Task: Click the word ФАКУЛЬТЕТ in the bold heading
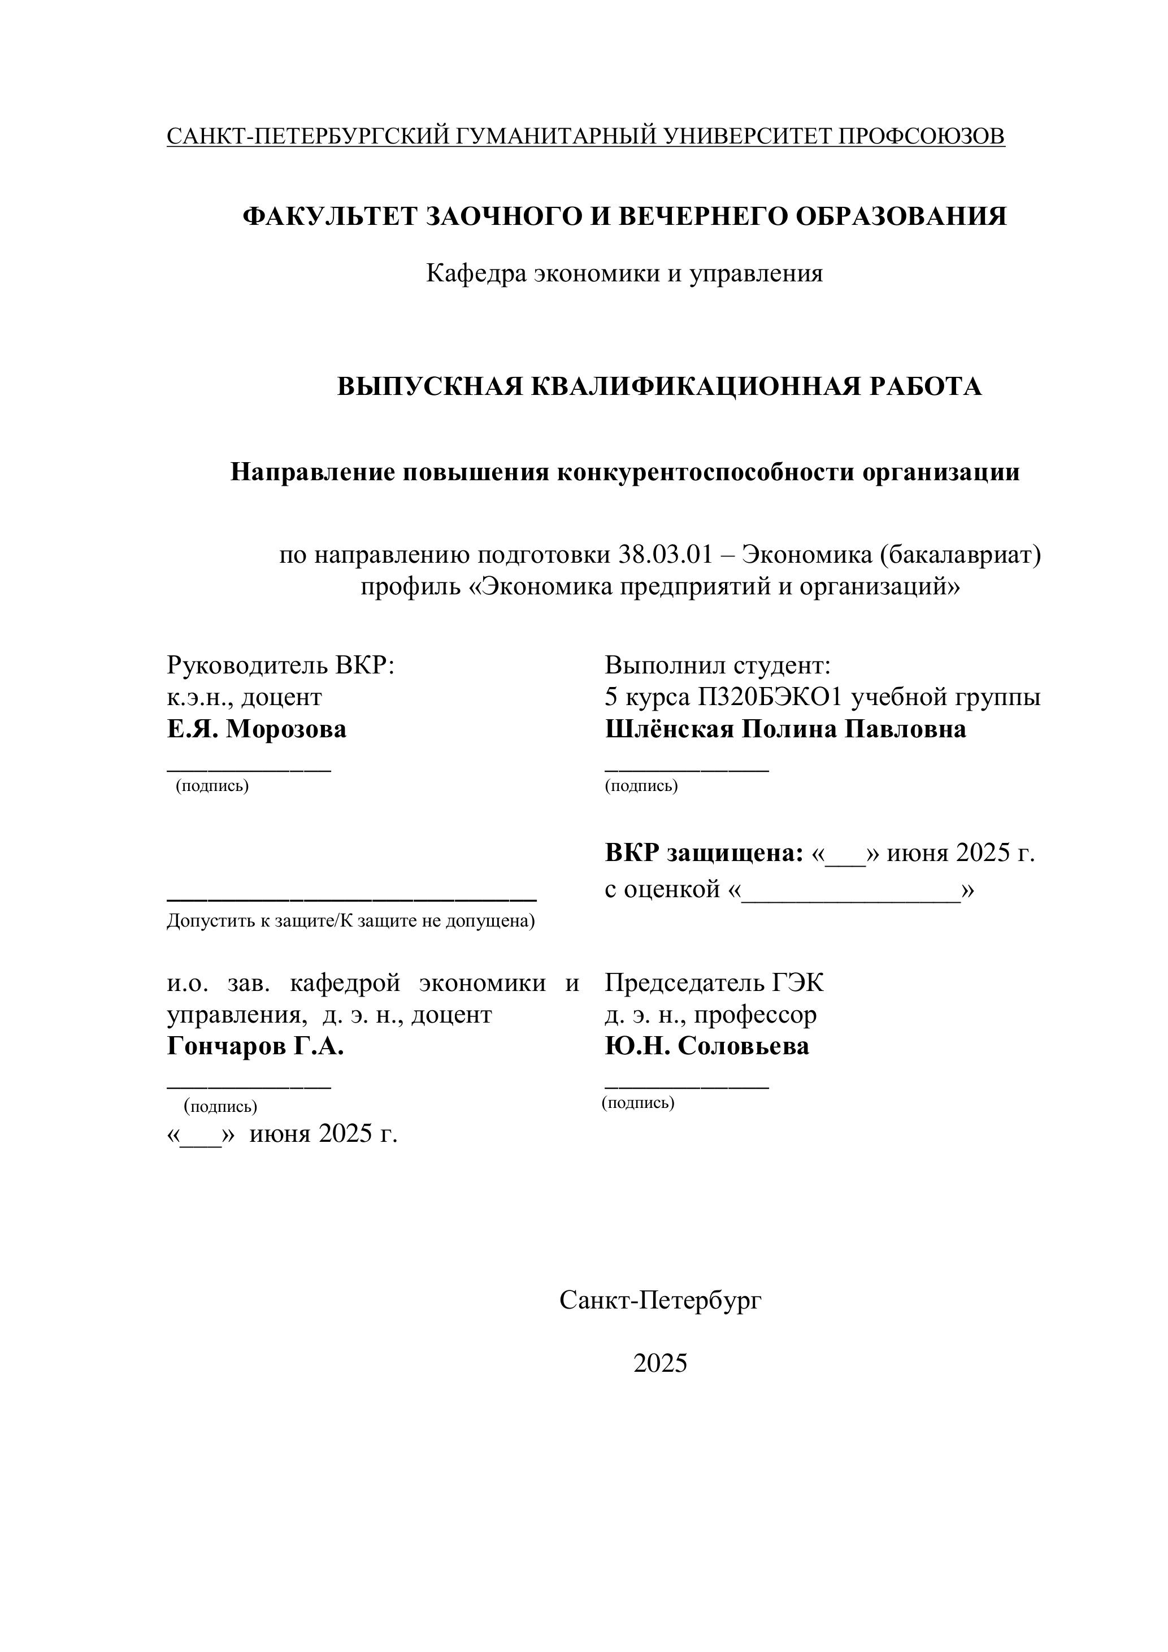(x=329, y=216)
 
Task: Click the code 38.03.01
(x=665, y=555)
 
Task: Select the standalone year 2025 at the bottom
(x=660, y=1363)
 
